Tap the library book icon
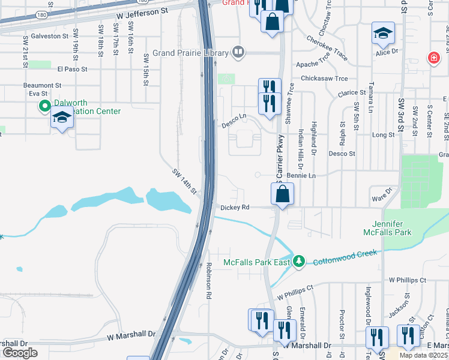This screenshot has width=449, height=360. coord(238,52)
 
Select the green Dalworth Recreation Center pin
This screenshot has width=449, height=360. coord(44,107)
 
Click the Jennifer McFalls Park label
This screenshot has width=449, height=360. coord(387,227)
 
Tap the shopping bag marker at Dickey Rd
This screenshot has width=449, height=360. coord(282,194)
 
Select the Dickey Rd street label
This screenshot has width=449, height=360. coord(235,207)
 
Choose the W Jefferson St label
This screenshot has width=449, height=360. coord(142,12)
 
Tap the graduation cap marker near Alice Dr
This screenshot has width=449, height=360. coord(382,34)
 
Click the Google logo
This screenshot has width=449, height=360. coord(20,353)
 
